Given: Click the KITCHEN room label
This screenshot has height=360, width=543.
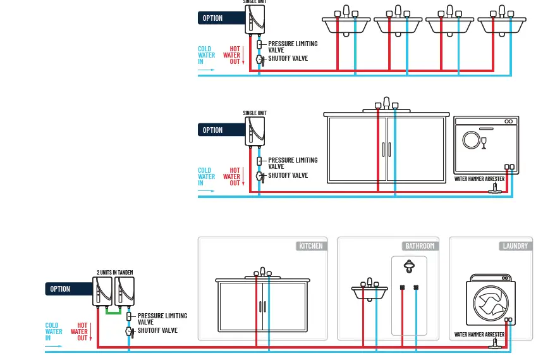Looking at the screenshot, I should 310,246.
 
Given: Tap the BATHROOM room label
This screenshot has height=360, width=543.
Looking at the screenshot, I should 420,246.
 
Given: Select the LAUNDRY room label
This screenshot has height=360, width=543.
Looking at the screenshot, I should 515,246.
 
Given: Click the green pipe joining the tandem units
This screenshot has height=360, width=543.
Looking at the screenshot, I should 113,311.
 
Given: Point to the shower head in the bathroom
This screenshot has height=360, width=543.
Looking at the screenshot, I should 410,265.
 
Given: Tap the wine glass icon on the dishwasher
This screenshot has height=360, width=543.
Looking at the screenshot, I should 484,143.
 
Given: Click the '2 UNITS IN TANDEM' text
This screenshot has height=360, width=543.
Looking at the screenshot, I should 114,272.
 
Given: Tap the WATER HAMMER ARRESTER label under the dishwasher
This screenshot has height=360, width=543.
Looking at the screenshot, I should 480,179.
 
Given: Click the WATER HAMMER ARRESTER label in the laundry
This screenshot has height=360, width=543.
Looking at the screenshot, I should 480,334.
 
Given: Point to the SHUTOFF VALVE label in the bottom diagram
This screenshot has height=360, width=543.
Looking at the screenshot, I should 157,331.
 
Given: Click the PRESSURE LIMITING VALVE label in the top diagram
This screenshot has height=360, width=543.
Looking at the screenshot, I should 293,47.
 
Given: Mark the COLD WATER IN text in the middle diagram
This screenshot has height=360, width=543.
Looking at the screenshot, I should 205,177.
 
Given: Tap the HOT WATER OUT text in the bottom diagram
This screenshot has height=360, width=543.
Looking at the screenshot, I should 80,332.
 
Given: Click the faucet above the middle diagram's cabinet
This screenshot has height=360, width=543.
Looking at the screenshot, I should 386,104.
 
